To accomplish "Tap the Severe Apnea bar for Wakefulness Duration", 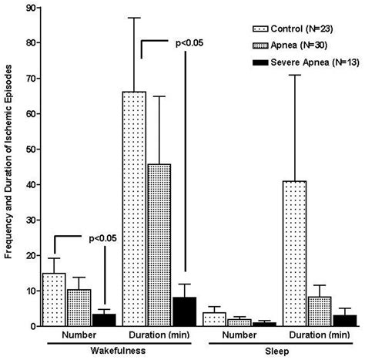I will pos(185,311).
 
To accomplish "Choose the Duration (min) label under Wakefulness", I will pos(160,337).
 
